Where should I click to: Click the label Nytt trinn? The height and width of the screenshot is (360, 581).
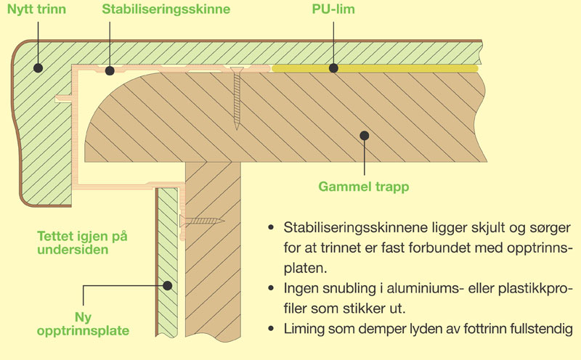[x=33, y=11]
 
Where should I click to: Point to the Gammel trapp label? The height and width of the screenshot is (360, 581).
[x=364, y=187]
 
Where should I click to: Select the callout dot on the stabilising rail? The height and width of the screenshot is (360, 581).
[x=109, y=70]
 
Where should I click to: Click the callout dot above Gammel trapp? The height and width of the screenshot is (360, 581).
[x=365, y=135]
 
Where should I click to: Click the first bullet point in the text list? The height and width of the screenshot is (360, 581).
[x=271, y=228]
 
